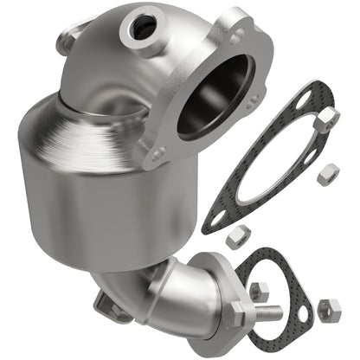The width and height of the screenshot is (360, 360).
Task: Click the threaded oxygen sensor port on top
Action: (141, 28)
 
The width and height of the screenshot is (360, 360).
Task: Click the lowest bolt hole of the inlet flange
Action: (158, 155)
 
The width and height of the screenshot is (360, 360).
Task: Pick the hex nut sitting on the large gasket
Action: (325, 120)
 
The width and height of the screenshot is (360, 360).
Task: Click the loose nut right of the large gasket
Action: (328, 175)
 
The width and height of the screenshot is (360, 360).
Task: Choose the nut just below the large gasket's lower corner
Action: (239, 235)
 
